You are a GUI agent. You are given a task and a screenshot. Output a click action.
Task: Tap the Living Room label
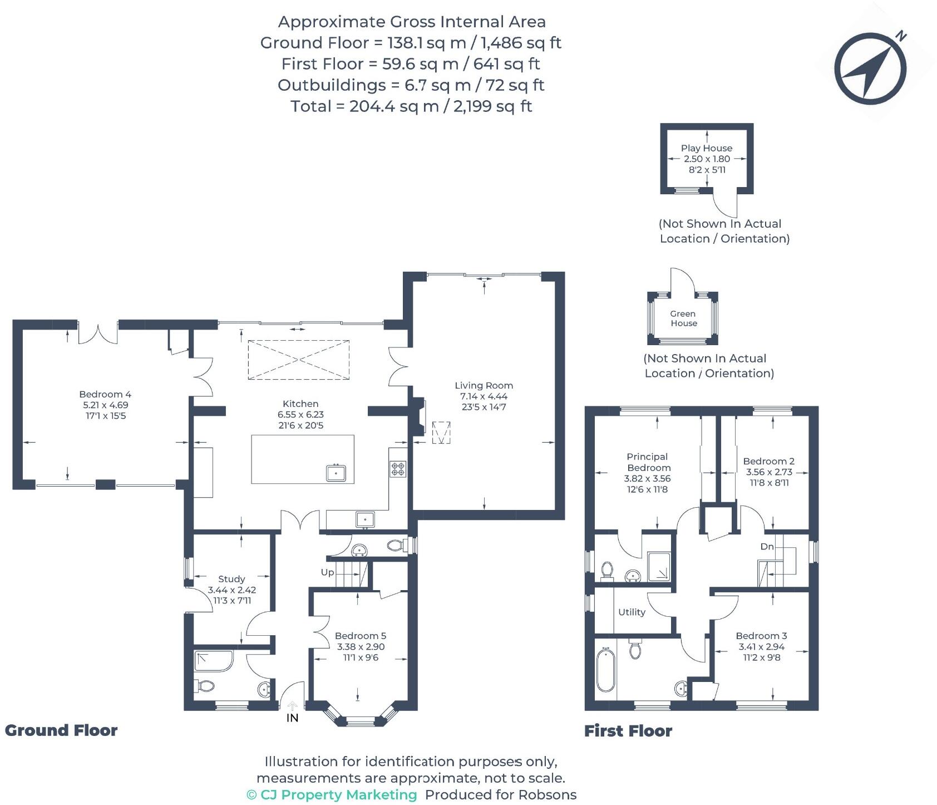[x=484, y=385]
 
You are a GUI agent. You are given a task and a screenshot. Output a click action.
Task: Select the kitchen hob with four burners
[x=398, y=469]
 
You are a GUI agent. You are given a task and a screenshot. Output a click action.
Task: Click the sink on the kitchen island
[x=336, y=473]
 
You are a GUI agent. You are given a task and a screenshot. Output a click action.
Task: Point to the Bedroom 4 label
[x=105, y=394]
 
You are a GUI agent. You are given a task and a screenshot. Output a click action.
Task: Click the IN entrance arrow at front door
[x=293, y=710]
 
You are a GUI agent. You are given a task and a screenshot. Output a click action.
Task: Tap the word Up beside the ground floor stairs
[x=327, y=572]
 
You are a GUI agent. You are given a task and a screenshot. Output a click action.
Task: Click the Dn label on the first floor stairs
[x=767, y=547]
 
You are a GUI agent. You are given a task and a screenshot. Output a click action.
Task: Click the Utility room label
[x=632, y=612]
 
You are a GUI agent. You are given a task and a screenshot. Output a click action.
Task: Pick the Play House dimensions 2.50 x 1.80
[x=707, y=159]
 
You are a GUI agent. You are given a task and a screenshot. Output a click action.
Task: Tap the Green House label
[x=683, y=318]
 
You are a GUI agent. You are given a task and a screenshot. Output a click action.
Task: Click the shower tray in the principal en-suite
[x=659, y=567]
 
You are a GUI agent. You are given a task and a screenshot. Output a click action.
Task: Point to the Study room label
[x=231, y=579]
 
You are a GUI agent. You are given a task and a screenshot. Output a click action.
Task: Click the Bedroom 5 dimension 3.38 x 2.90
[x=361, y=647]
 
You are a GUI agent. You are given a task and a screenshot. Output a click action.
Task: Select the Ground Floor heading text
[x=61, y=730]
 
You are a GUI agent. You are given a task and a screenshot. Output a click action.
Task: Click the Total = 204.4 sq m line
[x=411, y=106]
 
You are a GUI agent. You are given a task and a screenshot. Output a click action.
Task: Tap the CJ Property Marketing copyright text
[x=332, y=794]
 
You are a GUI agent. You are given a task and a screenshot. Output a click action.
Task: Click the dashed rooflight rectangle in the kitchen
[x=299, y=360]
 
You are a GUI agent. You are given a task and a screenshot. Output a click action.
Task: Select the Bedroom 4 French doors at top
[x=98, y=333]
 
